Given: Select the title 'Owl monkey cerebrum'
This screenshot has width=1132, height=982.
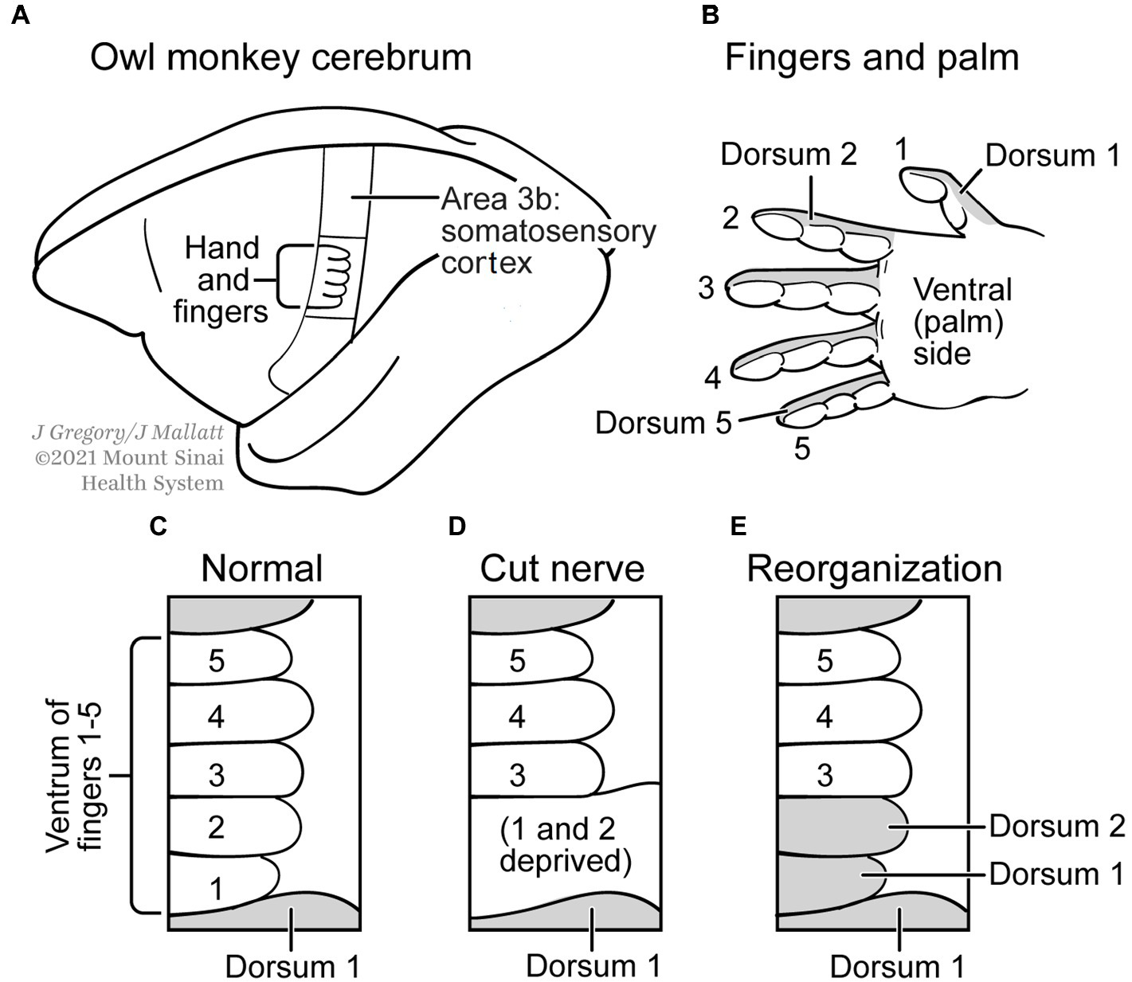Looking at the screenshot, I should coord(280,58).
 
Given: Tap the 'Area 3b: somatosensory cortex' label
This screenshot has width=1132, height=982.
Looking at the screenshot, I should coord(548,231).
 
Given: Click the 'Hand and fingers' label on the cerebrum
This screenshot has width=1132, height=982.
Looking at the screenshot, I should coord(221,280).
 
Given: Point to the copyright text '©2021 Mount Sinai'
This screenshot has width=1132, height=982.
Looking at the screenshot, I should coord(129,458).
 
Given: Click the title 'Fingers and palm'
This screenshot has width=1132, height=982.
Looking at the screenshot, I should coord(872,58).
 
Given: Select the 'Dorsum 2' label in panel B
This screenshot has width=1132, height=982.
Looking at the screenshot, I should coord(788,154).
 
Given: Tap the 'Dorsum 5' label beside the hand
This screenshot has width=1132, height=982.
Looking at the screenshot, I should coord(663,423).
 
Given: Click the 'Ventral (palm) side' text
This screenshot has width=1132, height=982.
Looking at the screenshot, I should coord(962,321).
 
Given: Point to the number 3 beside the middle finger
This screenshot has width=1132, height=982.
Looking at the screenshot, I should coord(706,288).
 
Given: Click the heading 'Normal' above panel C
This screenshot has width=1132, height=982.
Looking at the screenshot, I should coord(261,569).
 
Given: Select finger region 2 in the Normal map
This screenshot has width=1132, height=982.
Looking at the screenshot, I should coord(216,827).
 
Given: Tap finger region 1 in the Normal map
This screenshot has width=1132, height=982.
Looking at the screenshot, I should coord(216,887).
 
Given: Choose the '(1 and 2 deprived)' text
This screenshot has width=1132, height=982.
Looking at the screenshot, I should coord(565,845).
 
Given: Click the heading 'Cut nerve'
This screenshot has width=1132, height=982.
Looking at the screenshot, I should coord(562,569).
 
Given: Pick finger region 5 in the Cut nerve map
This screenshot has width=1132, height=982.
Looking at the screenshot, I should coord(517,660).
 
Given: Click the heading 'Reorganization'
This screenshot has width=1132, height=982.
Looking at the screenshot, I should coord(874,569).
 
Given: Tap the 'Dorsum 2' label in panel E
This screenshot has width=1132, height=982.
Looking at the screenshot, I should coord(1056,826).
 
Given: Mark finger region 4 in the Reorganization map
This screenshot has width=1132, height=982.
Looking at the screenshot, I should coord(825,718).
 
